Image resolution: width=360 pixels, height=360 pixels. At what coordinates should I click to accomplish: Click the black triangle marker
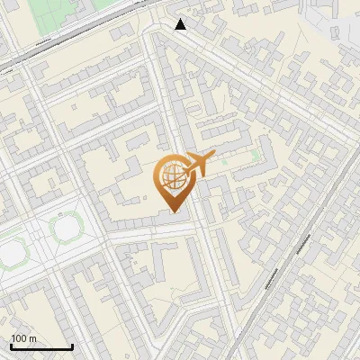click(181, 24)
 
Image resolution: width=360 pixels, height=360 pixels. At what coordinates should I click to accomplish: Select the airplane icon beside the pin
click(199, 164)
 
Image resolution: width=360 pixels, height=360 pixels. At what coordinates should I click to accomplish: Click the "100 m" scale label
click(23, 338)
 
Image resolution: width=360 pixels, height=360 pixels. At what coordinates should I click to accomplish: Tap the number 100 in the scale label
click(19, 338)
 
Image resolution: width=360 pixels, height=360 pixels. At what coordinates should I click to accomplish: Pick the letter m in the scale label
click(33, 338)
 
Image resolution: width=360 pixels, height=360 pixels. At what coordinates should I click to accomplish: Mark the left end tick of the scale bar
click(11, 346)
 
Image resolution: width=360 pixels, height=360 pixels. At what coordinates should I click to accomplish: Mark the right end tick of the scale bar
click(73, 346)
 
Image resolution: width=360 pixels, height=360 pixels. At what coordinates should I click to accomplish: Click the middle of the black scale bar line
click(41, 347)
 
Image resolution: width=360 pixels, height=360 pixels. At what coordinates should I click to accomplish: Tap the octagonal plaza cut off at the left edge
click(9, 252)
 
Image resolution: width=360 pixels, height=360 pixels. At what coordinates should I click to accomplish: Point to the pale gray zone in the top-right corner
click(337, 18)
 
